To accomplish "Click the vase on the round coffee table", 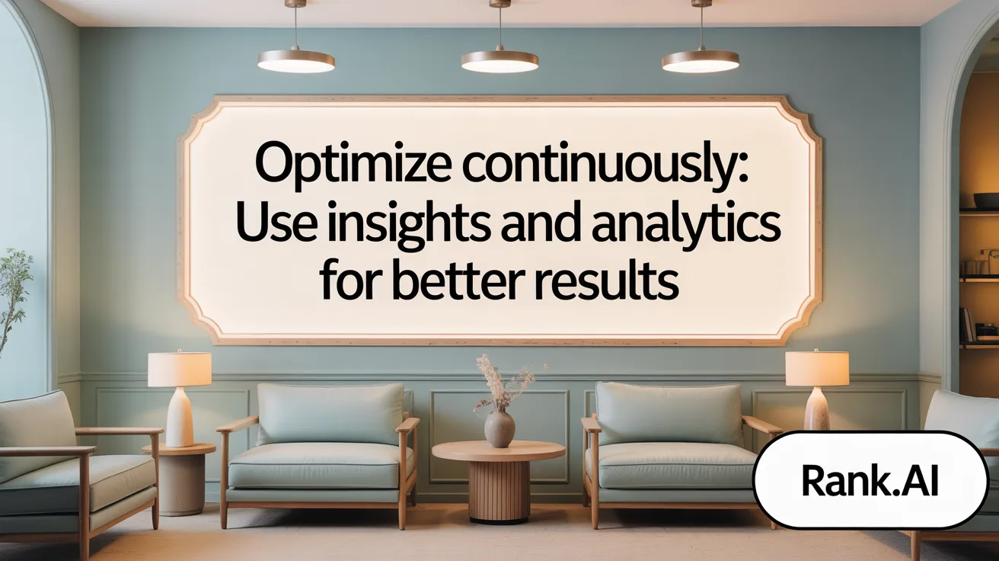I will pos(499,428).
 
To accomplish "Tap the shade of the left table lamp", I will pos(180,369).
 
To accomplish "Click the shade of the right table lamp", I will pos(817,368).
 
